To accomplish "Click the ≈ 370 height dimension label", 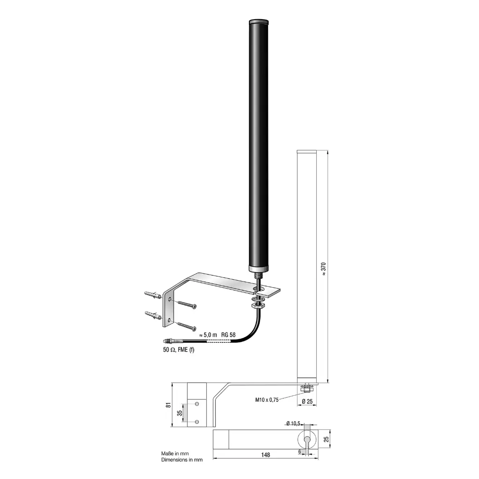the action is point(324,269).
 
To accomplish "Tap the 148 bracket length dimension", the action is point(266,455).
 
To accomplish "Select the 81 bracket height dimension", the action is point(168,405).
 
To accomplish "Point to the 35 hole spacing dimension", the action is point(180,413).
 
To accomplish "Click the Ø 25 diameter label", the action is point(307,401).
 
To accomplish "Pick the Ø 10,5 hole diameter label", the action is point(293,423).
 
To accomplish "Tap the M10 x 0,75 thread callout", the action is point(267,400).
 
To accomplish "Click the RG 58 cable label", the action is point(228,335).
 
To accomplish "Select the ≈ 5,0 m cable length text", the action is point(208,335).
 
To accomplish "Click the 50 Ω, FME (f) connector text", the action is point(179,350).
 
